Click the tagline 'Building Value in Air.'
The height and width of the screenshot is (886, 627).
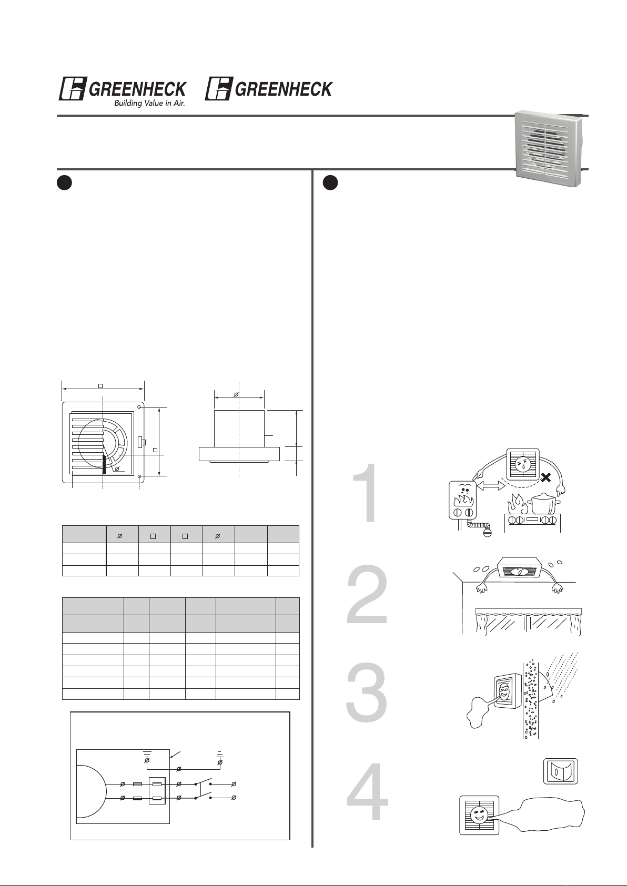pyautogui.click(x=149, y=104)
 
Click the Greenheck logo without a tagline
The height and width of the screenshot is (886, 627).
pyautogui.click(x=269, y=88)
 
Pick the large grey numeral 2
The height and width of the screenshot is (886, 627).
pyautogui.click(x=367, y=595)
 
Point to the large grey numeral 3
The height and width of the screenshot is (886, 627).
pyautogui.click(x=367, y=692)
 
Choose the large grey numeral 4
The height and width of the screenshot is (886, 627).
pyautogui.click(x=368, y=791)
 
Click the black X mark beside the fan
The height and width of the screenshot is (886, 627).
pyautogui.click(x=546, y=478)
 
